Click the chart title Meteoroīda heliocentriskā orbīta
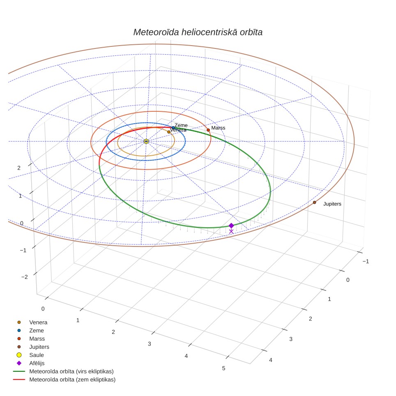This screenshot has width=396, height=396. [x=198, y=32]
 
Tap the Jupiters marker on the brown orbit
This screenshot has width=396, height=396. [x=314, y=202]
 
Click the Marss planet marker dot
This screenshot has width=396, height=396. [x=208, y=130]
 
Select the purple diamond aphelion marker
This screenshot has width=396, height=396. [x=231, y=226]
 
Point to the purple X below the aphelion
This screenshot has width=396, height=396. [x=231, y=231]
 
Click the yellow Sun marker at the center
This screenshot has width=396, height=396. [x=146, y=141]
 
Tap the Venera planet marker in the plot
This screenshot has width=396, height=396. [x=169, y=132]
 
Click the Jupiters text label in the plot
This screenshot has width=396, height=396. [x=332, y=204]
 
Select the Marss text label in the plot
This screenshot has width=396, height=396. [x=218, y=128]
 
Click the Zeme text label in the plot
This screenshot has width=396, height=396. [x=181, y=125]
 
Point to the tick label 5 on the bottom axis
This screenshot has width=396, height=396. [x=223, y=368]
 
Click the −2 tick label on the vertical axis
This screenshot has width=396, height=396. [x=25, y=277]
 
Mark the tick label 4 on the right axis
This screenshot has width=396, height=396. [x=270, y=360]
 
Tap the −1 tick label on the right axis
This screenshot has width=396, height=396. [x=366, y=261]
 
